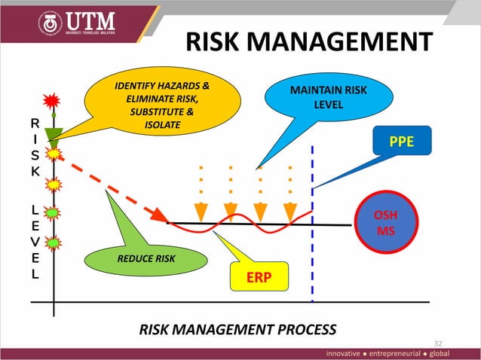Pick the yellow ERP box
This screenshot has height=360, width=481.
coord(259,278)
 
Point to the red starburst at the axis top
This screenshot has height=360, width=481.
coord(52,99)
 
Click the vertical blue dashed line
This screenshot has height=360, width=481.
coord(312,249)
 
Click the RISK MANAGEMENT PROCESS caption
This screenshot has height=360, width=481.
coord(237,328)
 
